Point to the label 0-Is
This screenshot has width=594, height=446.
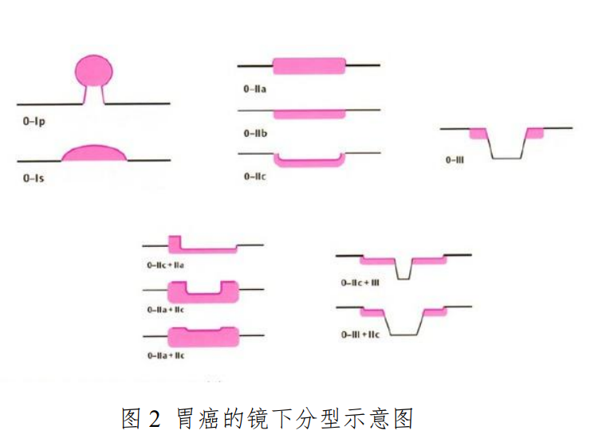pos(33,178)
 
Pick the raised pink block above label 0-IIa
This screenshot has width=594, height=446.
pos(309,66)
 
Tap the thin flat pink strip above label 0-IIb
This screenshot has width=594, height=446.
pos(309,114)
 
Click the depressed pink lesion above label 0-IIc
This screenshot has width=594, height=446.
pos(309,162)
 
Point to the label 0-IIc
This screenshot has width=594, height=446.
pos(255,176)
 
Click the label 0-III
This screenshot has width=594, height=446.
pos(455,159)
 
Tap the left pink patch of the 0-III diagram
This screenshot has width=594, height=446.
pos(478,133)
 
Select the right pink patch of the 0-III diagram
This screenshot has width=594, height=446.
pos(534,132)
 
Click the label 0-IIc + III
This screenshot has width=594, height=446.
pos(360,282)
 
